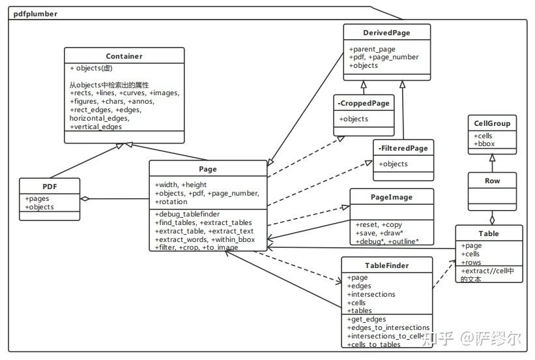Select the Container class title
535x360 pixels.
point(124,56)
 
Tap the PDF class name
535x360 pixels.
point(50,186)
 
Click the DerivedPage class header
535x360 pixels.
point(386,33)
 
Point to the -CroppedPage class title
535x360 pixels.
point(364,104)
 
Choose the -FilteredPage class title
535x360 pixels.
point(403,148)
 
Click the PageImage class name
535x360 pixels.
point(391,196)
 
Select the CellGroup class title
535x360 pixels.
point(493,123)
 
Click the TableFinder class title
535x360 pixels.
point(386,265)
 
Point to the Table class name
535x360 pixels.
point(489,233)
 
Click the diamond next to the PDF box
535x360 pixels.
point(85,198)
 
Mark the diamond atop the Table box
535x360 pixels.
point(493,218)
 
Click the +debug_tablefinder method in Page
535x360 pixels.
point(188,214)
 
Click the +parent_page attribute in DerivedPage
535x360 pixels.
point(372,49)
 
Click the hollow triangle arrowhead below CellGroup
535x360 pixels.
point(493,157)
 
